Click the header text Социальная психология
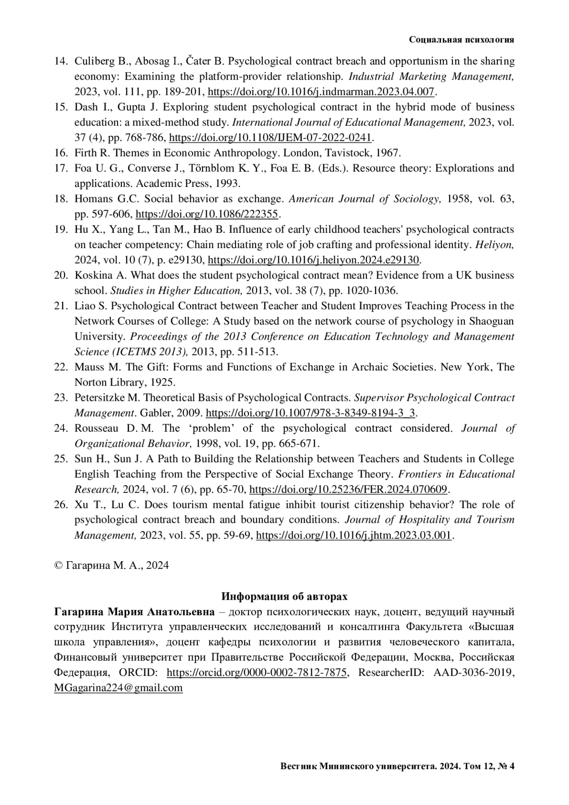pyautogui.click(x=461, y=40)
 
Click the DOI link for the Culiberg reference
pyautogui.click(x=321, y=92)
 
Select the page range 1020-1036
pyautogui.click(x=370, y=290)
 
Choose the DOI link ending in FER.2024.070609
pyautogui.click(x=348, y=489)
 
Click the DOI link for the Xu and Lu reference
pyautogui.click(x=354, y=535)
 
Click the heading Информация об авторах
pyautogui.click(x=284, y=596)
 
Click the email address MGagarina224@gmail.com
pyautogui.click(x=119, y=688)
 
